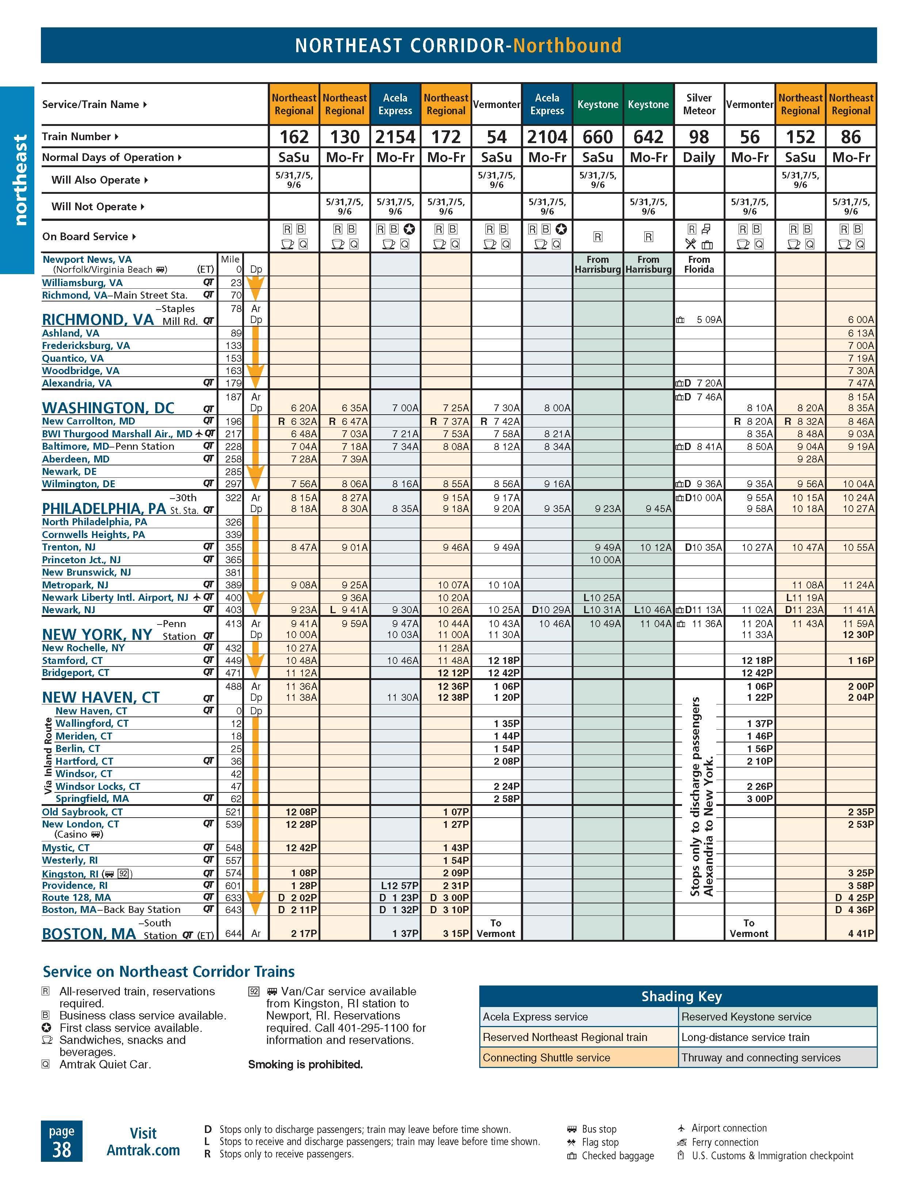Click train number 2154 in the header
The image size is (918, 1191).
tap(395, 137)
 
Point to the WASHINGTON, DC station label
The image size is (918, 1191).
tap(108, 408)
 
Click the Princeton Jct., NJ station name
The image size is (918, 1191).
tap(81, 560)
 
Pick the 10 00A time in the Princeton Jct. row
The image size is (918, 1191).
tap(605, 560)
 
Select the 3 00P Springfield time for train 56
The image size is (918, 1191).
tap(760, 799)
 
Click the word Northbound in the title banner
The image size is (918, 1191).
tap(567, 45)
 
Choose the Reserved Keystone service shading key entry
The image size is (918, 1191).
tap(746, 1017)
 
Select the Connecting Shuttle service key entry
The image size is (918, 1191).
tap(546, 1058)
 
